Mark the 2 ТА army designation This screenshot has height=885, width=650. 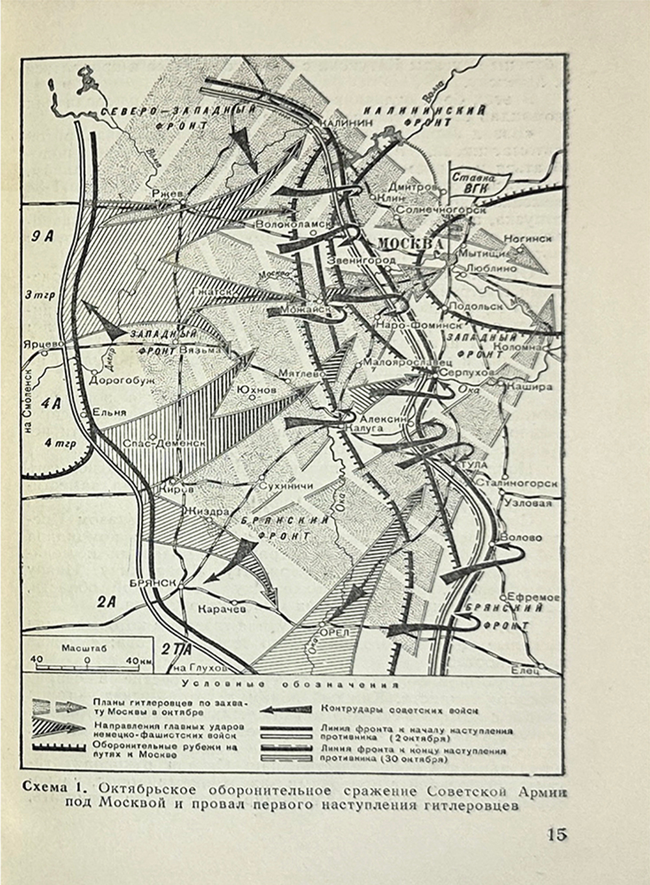tap(176, 649)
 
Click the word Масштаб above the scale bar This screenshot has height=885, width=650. tap(84, 648)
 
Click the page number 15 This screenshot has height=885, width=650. tap(556, 834)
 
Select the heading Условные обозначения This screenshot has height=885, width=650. tap(290, 684)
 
